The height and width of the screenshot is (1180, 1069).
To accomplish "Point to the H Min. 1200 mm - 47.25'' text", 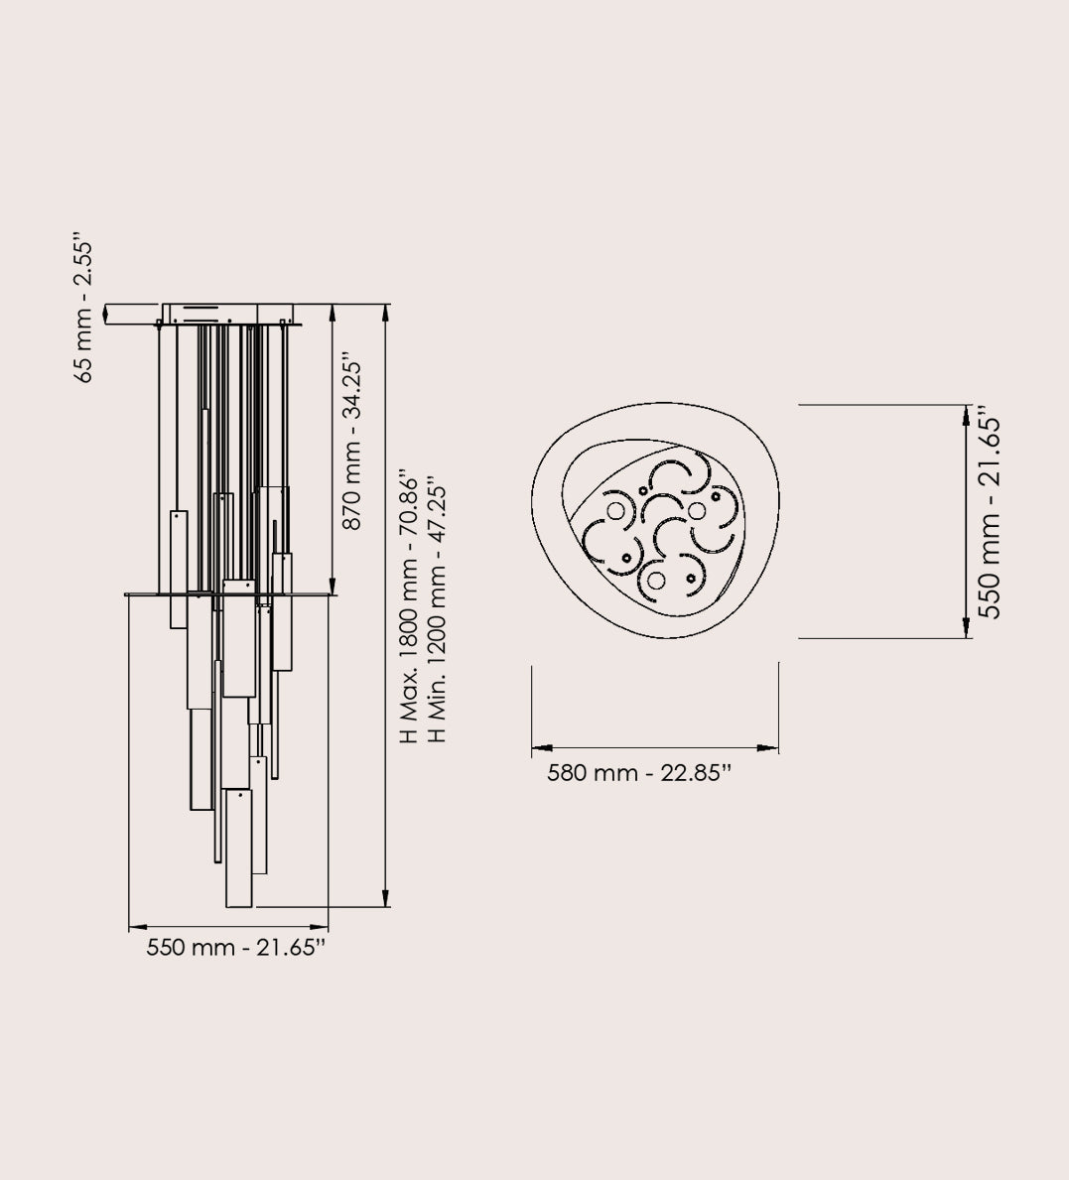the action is point(437,608).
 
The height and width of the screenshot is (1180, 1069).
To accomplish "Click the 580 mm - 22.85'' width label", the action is point(639,773).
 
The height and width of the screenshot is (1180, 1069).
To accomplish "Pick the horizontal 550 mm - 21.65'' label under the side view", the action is point(235,947).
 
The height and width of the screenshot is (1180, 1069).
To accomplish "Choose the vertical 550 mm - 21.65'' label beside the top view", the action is point(990,512).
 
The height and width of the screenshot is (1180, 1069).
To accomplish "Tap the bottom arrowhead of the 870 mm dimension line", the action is point(332,585).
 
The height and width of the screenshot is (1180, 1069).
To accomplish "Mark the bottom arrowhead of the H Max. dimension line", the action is point(386,897).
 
